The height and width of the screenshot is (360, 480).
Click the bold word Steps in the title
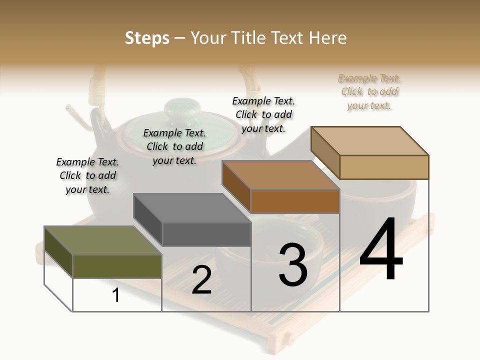point(147,38)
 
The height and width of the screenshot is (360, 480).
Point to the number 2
point(201,280)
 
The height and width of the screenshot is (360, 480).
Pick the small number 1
point(116,295)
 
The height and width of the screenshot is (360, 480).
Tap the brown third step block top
point(280,175)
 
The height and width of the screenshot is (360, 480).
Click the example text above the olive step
point(87,175)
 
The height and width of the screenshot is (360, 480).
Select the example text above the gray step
point(174,146)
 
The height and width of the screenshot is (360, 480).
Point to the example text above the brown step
point(263,114)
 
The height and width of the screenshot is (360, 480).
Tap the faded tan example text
point(369,91)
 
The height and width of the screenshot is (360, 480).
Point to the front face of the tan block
point(384,167)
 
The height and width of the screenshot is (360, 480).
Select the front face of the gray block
point(206,234)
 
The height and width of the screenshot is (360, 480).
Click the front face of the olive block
point(117,266)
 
